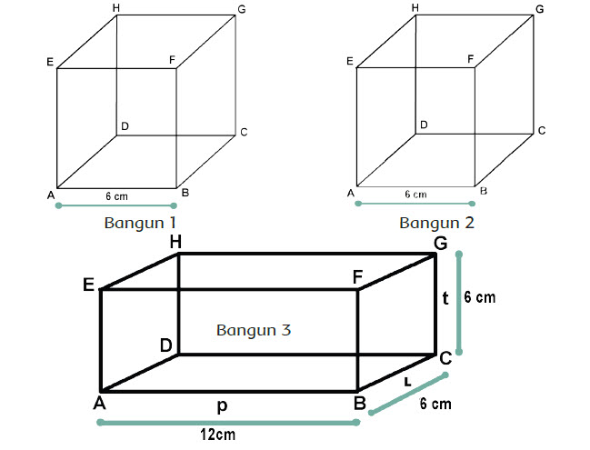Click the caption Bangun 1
tap(141, 222)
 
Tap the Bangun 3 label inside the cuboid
tap(254, 329)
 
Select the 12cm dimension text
tap(218, 435)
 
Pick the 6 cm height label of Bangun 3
tap(479, 298)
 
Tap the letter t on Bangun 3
tap(445, 298)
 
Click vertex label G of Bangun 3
tap(440, 244)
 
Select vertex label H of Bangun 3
tap(175, 242)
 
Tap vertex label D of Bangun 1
tap(125, 125)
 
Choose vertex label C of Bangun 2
tap(541, 131)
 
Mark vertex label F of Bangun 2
tap(470, 58)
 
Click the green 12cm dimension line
tap(227, 422)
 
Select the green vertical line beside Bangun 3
tap(459, 305)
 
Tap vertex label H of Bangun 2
tap(415, 8)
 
